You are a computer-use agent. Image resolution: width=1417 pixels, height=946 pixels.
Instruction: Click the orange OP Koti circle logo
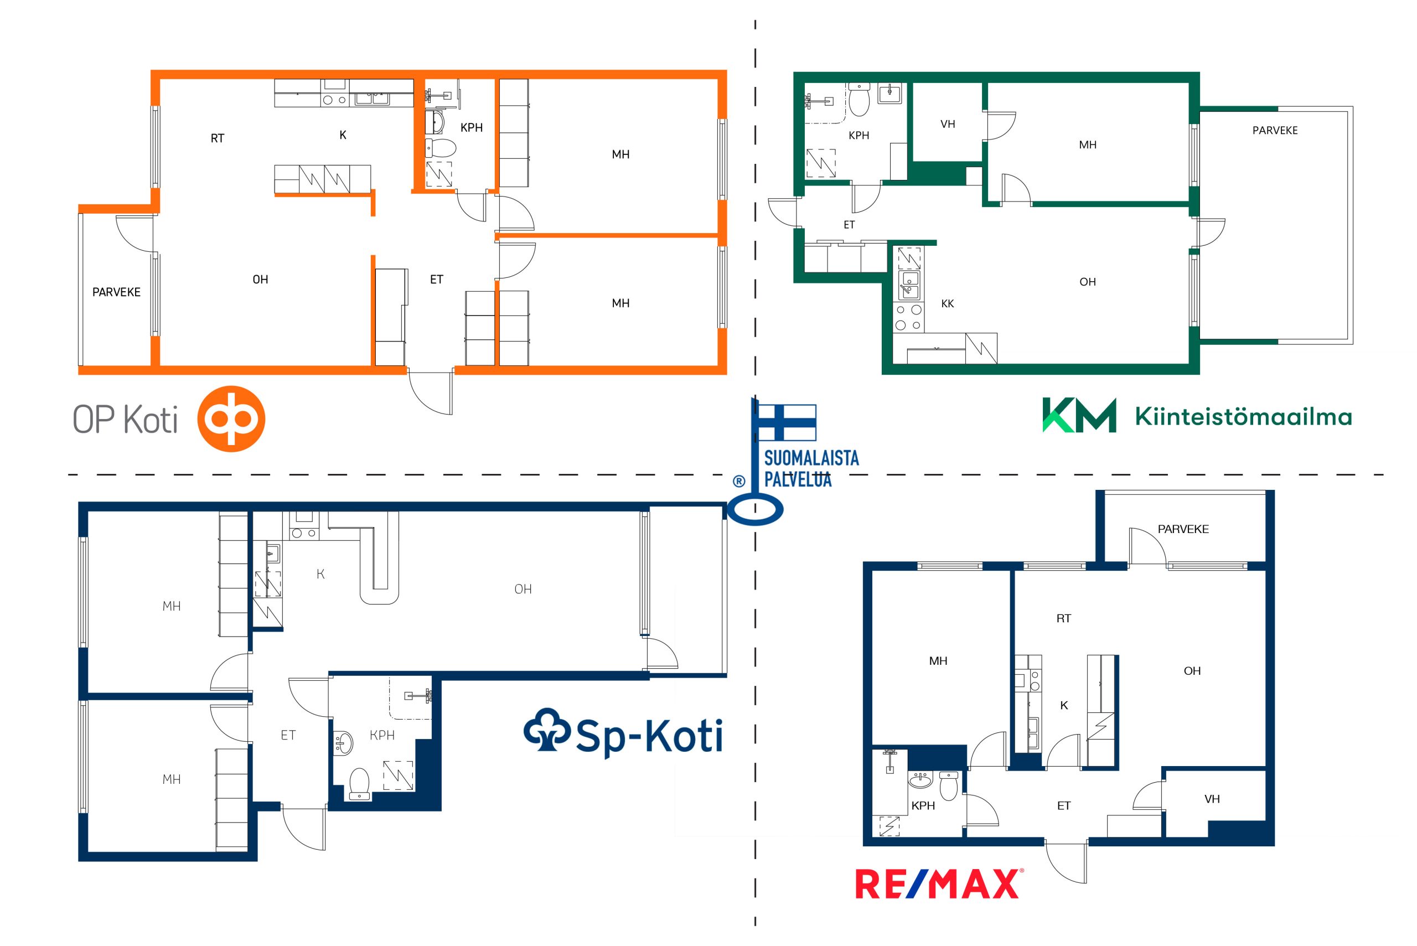[231, 418]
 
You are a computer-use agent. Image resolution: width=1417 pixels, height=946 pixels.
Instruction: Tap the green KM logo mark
[1079, 415]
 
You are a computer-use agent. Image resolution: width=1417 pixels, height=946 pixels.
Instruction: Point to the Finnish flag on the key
[787, 422]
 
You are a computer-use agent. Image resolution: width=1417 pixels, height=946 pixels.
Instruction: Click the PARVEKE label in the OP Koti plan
[116, 292]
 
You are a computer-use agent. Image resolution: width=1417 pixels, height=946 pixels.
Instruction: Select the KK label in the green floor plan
[948, 304]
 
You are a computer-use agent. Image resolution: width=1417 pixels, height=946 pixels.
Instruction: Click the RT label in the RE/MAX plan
[1063, 618]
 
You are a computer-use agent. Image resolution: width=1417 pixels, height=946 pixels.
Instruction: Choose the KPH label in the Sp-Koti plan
[382, 735]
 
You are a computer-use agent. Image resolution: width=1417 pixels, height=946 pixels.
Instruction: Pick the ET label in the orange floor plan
[437, 280]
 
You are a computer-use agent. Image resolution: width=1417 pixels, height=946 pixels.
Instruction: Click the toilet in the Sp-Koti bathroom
[360, 783]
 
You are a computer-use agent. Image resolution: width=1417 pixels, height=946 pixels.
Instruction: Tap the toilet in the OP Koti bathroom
[439, 147]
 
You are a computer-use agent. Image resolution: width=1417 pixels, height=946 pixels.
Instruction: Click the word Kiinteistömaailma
[1243, 416]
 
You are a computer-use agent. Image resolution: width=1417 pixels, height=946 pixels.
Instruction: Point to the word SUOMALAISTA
[811, 458]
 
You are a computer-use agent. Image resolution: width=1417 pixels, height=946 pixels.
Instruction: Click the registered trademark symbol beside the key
[738, 481]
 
